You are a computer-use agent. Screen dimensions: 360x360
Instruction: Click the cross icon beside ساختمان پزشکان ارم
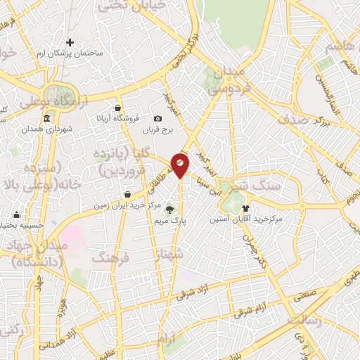tap(70, 43)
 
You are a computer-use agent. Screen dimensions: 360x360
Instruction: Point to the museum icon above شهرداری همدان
tap(46, 120)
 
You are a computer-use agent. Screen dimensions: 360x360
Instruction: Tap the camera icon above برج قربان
tap(157, 118)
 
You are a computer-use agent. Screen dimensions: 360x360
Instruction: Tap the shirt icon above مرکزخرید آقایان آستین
tap(245, 208)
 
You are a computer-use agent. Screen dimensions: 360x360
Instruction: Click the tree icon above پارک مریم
tap(169, 209)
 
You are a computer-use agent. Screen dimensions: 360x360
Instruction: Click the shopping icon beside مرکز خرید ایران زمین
tap(127, 195)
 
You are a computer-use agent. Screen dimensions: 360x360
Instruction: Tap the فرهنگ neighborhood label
tap(112, 257)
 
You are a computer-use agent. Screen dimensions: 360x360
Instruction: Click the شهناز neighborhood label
tap(176, 263)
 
